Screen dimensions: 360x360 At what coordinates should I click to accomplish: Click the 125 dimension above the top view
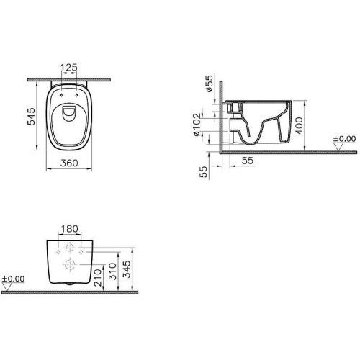coord(69,68)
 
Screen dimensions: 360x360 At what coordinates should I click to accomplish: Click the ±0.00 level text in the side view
coord(343,138)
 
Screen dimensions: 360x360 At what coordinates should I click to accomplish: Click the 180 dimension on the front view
coord(69,229)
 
